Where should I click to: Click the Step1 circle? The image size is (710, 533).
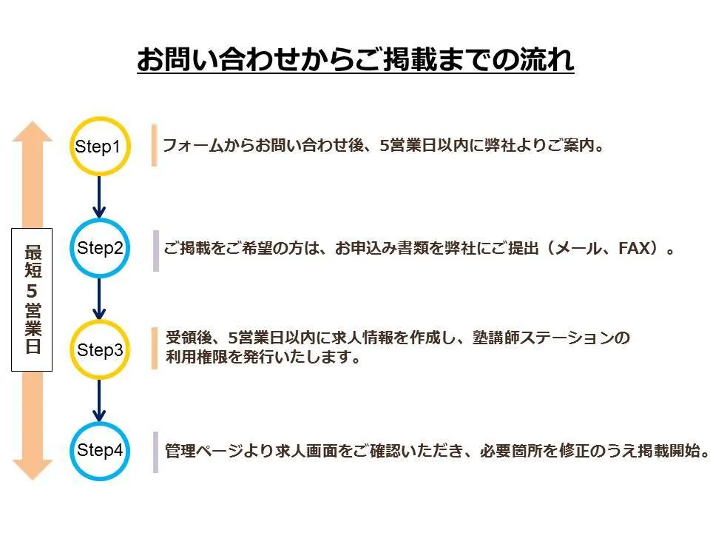(98, 147)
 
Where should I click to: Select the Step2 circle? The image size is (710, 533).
(99, 248)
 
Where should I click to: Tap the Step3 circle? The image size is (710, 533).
(99, 349)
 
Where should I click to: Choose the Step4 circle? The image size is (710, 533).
(99, 450)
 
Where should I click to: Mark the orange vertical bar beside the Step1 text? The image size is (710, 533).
(155, 145)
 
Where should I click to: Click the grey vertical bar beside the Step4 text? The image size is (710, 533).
(155, 452)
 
